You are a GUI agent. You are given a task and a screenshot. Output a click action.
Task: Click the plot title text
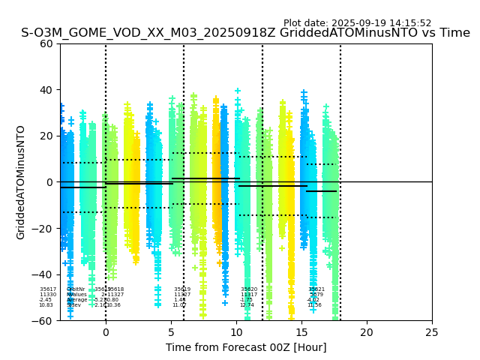coord(245,33)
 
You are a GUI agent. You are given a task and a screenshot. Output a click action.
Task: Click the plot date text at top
coord(357,23)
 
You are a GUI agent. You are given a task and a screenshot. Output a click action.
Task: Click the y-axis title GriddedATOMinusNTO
coord(21,182)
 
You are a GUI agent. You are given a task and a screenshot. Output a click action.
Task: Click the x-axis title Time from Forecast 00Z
coord(246,347)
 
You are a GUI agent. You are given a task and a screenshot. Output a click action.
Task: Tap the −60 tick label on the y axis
coord(44,321)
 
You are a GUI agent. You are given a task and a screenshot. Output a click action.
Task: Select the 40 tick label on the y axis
coord(47,90)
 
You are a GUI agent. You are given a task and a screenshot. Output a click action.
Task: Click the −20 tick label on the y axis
coord(44,229)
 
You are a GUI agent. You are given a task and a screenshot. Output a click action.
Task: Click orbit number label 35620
coord(249,289)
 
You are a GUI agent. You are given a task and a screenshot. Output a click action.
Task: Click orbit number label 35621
coord(316,289)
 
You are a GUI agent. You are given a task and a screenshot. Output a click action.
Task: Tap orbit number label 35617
coord(48,289)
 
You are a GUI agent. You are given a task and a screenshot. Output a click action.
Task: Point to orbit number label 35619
coord(182,289)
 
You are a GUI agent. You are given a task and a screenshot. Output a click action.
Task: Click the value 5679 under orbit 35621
coord(316,295)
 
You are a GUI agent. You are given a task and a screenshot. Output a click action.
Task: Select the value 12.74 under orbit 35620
coord(247,305)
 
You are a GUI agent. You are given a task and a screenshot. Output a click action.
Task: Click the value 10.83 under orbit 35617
coord(46,305)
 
